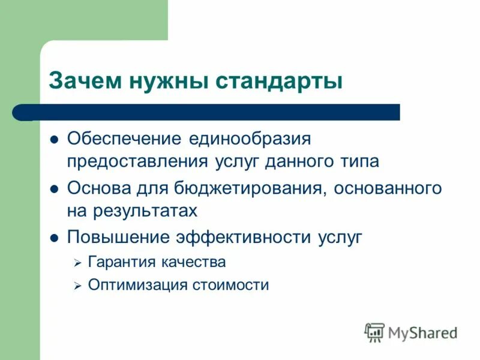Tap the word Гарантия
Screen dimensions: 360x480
122,262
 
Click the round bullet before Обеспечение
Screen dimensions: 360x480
53,139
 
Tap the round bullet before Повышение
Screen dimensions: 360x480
53,238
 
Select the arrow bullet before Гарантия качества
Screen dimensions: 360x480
77,263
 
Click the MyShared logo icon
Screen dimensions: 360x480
375,332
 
